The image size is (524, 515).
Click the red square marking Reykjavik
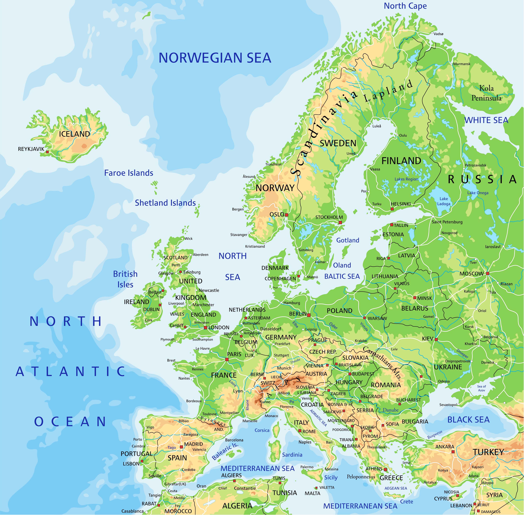pyautogui.click(x=48, y=152)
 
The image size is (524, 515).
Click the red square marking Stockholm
pyautogui.click(x=340, y=222)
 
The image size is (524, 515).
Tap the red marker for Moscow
pyautogui.click(x=488, y=273)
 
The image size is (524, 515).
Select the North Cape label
pyautogui.click(x=405, y=6)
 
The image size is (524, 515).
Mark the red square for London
pyautogui.click(x=206, y=328)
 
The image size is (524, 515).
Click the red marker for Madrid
pyautogui.click(x=181, y=447)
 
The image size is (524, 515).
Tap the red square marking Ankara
pyautogui.click(x=453, y=452)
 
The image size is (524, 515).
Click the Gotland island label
pyautogui.click(x=348, y=240)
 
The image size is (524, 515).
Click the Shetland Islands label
pyautogui.click(x=165, y=203)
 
